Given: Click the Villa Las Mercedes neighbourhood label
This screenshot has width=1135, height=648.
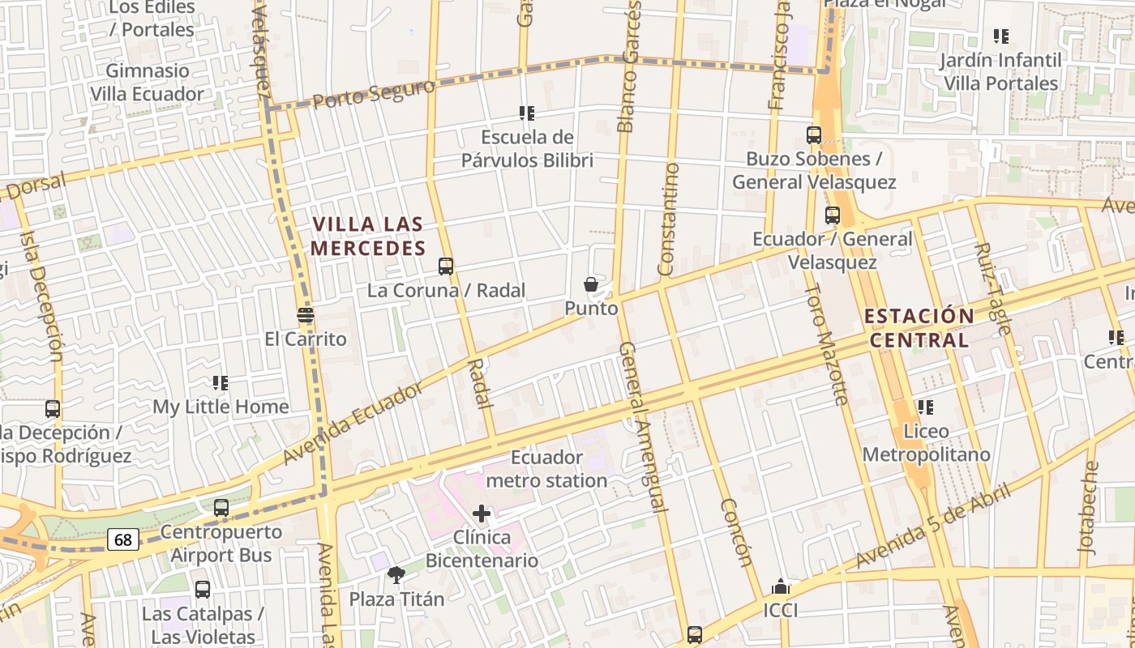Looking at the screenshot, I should click(368, 236).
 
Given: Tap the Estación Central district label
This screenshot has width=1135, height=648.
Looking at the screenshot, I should click(919, 327).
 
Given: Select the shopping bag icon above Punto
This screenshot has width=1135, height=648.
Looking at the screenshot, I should click(591, 284).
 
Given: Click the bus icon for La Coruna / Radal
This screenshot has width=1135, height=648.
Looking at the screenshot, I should click(445, 266).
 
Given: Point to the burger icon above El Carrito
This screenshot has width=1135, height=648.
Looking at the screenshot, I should click(306, 315).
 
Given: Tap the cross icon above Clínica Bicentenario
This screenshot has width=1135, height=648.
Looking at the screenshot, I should click(482, 514).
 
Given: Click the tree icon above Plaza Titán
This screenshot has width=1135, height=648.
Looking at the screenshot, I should click(396, 575).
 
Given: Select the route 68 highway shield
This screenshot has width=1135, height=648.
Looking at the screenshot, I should click(123, 539).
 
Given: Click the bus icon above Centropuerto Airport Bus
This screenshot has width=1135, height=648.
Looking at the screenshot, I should click(221, 509).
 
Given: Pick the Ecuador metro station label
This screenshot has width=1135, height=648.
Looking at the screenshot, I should click(546, 469).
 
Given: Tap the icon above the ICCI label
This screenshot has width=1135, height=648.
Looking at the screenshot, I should click(781, 586).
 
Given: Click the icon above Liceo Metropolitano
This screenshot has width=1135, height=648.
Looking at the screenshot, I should click(925, 407).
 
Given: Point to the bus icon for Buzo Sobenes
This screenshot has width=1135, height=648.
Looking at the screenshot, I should click(814, 135).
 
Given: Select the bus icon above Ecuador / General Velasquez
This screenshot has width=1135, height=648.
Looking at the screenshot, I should click(832, 215).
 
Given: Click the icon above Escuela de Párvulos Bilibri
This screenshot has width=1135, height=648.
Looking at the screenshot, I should click(527, 113).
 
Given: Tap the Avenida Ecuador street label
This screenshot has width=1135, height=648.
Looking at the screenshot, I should click(353, 424).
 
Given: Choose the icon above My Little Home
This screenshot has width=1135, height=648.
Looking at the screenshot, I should click(221, 382).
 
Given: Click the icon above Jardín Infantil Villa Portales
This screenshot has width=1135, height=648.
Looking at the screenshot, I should click(1001, 36).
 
